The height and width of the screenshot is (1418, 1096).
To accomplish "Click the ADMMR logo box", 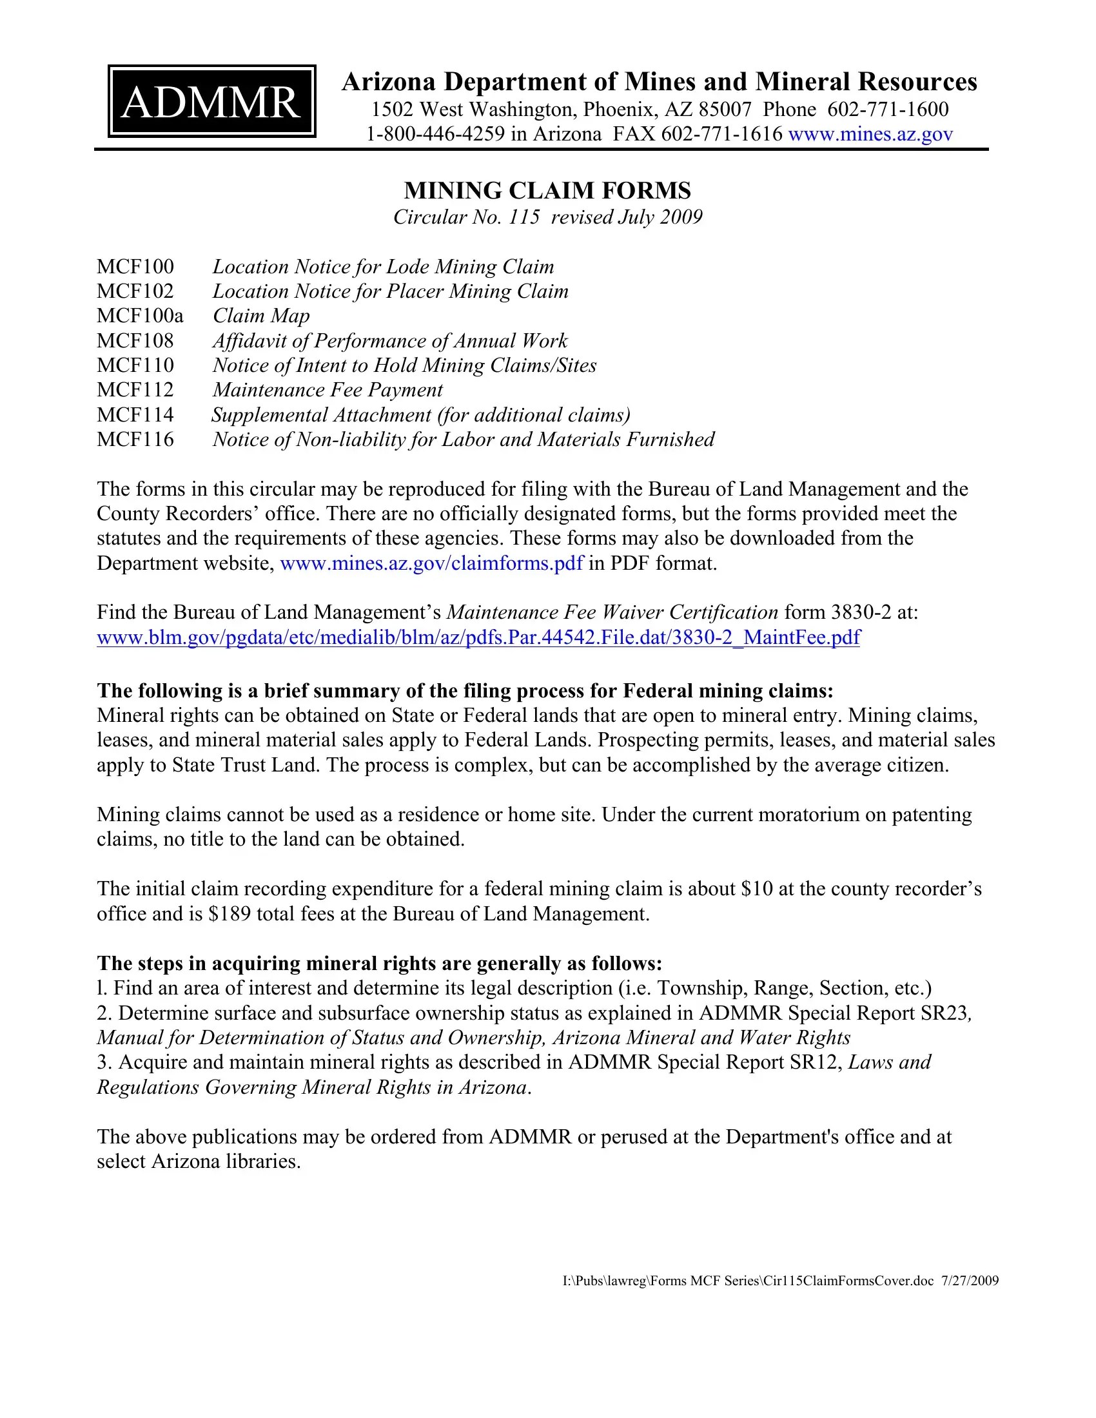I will [x=211, y=101].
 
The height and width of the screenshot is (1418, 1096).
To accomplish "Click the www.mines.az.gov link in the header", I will [x=870, y=134].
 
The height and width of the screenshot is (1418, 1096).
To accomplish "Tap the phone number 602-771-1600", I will [x=888, y=109].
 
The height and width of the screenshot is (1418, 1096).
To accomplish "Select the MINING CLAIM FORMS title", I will [x=547, y=190].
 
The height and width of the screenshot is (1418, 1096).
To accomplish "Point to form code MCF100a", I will [x=141, y=316].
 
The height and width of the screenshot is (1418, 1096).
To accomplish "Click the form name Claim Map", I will [x=261, y=316].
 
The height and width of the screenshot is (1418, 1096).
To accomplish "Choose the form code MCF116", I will [x=135, y=440].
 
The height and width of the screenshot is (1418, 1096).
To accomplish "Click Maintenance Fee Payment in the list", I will [x=328, y=389].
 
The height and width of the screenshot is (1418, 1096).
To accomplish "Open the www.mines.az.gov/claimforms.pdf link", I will [x=431, y=563].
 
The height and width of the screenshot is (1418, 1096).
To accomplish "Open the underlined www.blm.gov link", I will [x=478, y=637].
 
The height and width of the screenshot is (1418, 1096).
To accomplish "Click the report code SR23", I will [x=944, y=1013].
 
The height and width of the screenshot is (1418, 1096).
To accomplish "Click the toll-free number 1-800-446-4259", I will [x=435, y=134].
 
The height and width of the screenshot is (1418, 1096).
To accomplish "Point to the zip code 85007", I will [x=725, y=109].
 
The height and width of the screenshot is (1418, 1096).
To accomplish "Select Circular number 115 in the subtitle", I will [x=525, y=217].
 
